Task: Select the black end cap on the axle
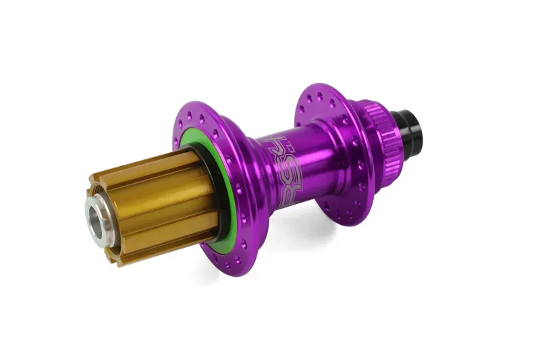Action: [x=394, y=129]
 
